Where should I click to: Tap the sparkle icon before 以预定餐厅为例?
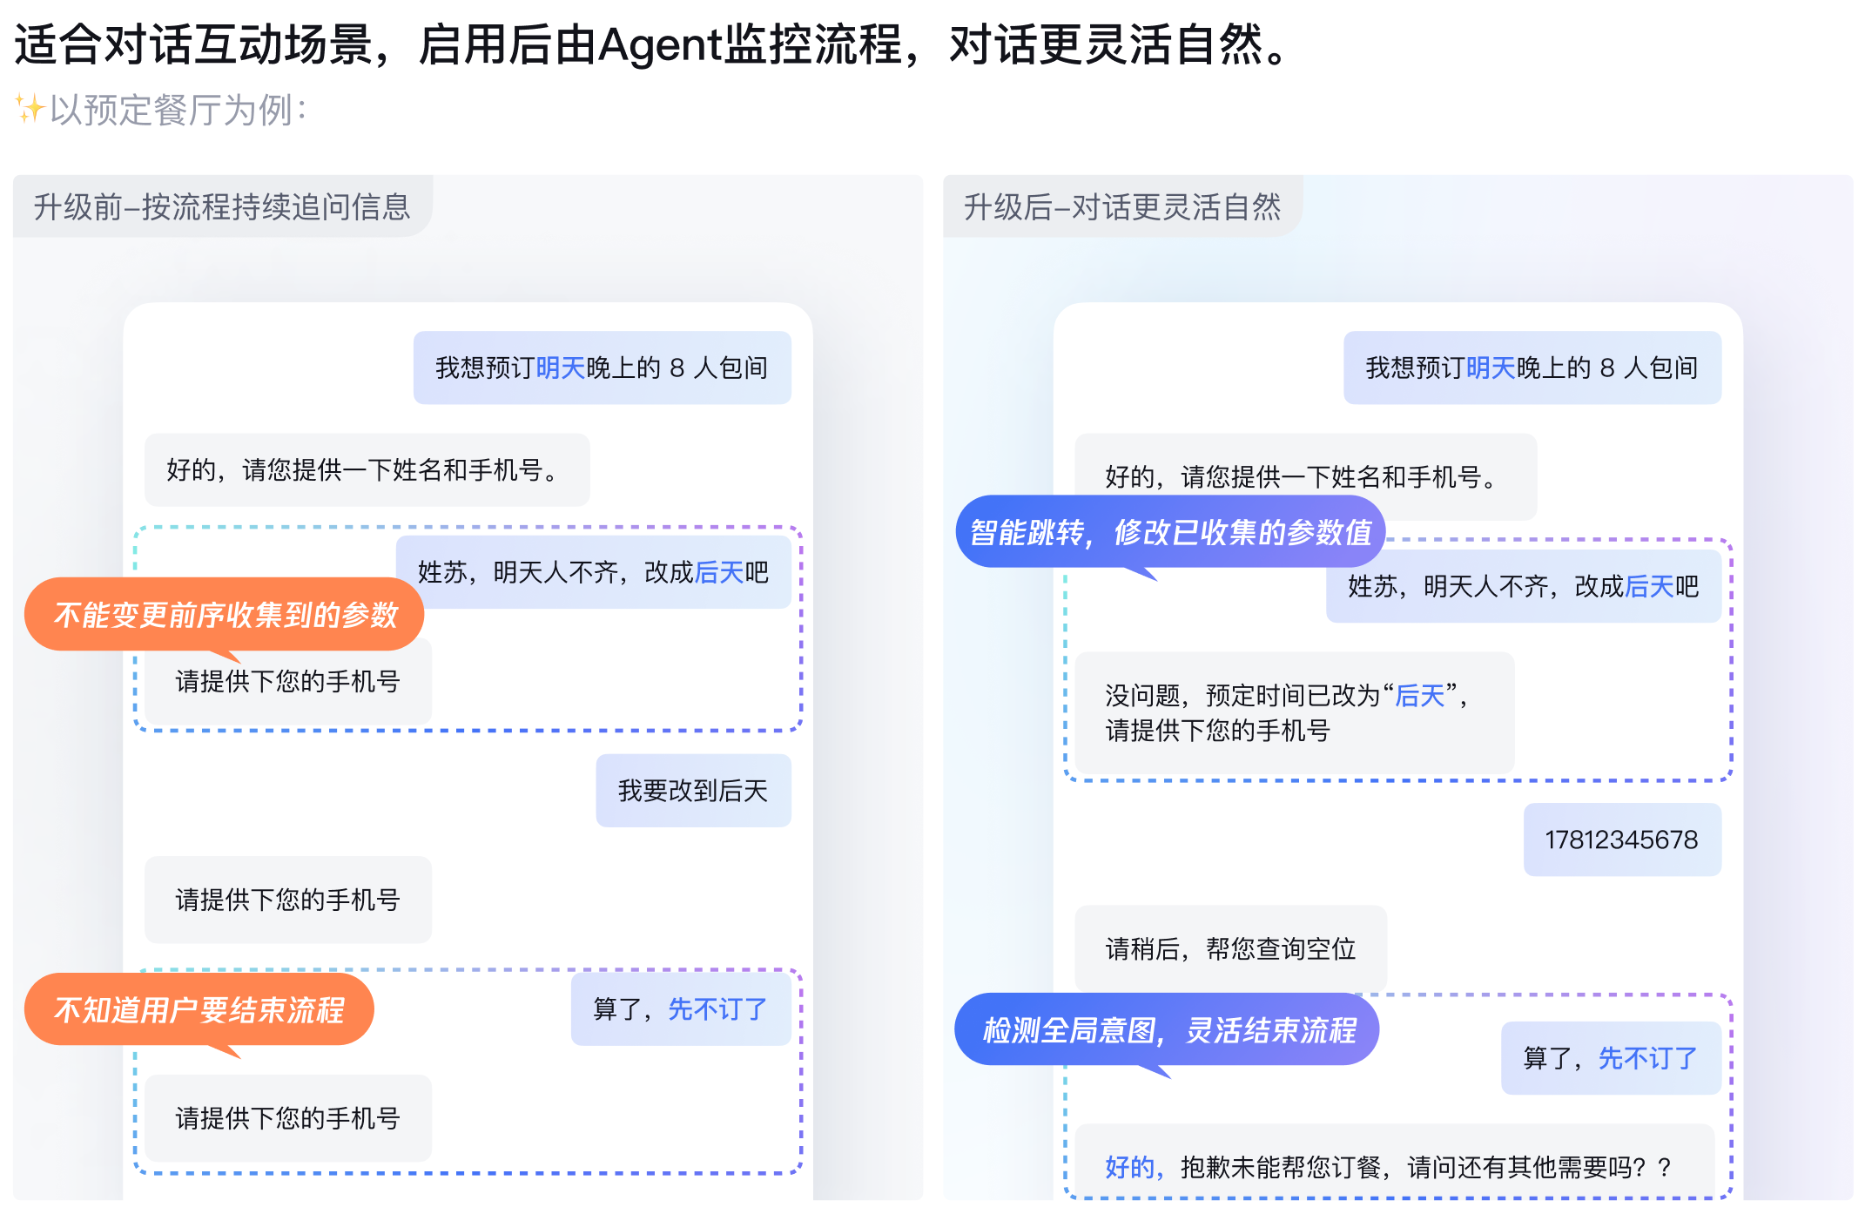pos(30,109)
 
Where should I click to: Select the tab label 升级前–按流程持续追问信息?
pos(222,207)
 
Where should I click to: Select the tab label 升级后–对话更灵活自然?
pos(1121,207)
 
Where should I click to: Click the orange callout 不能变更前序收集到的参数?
pos(225,615)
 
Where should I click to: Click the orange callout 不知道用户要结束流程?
pos(199,1010)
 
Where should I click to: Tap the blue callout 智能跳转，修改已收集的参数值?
pos(1170,532)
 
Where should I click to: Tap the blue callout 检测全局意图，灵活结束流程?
pos(1168,1031)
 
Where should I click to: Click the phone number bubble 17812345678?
pos(1621,840)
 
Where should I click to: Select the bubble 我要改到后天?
pos(693,791)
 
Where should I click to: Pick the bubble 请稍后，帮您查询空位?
pos(1230,948)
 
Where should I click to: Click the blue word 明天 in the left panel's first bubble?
pos(561,368)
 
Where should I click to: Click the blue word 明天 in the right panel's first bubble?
pos(1491,368)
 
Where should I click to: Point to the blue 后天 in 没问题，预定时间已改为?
pos(1419,696)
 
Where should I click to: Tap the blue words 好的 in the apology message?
pos(1129,1167)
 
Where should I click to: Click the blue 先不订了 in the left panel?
pos(717,1009)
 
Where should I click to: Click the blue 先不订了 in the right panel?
pos(1647,1058)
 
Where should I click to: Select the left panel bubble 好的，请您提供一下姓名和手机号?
pos(366,470)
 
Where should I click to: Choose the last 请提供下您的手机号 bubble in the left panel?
pos(287,1118)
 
